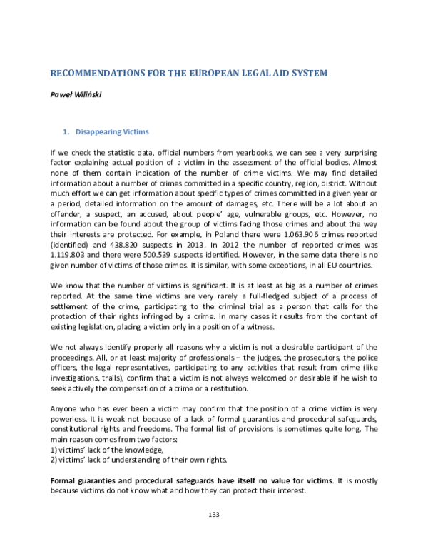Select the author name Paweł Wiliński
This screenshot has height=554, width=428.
(75, 94)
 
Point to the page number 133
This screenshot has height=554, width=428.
(213, 534)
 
